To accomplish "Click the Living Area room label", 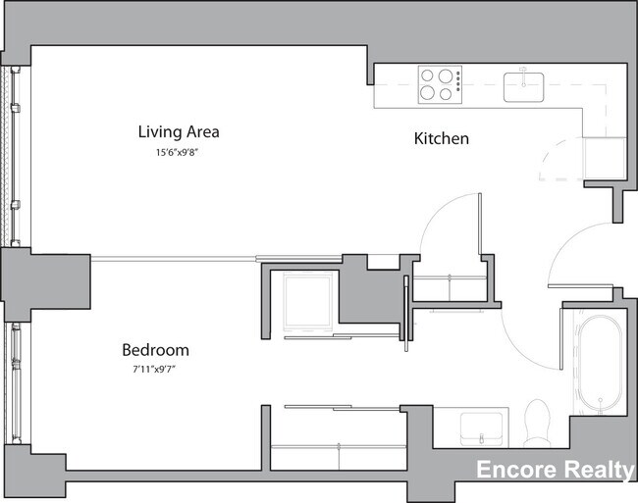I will [x=178, y=131].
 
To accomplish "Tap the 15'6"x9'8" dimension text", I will [x=178, y=152].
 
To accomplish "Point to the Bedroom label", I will [x=155, y=350].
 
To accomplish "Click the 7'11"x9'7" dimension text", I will [x=155, y=370].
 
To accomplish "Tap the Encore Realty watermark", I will [x=555, y=471].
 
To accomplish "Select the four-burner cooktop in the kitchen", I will [x=441, y=83].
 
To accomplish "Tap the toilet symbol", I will [x=537, y=419].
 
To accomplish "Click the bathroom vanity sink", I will [x=481, y=427].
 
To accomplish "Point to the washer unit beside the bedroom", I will [x=308, y=301].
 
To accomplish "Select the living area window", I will [x=14, y=156].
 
